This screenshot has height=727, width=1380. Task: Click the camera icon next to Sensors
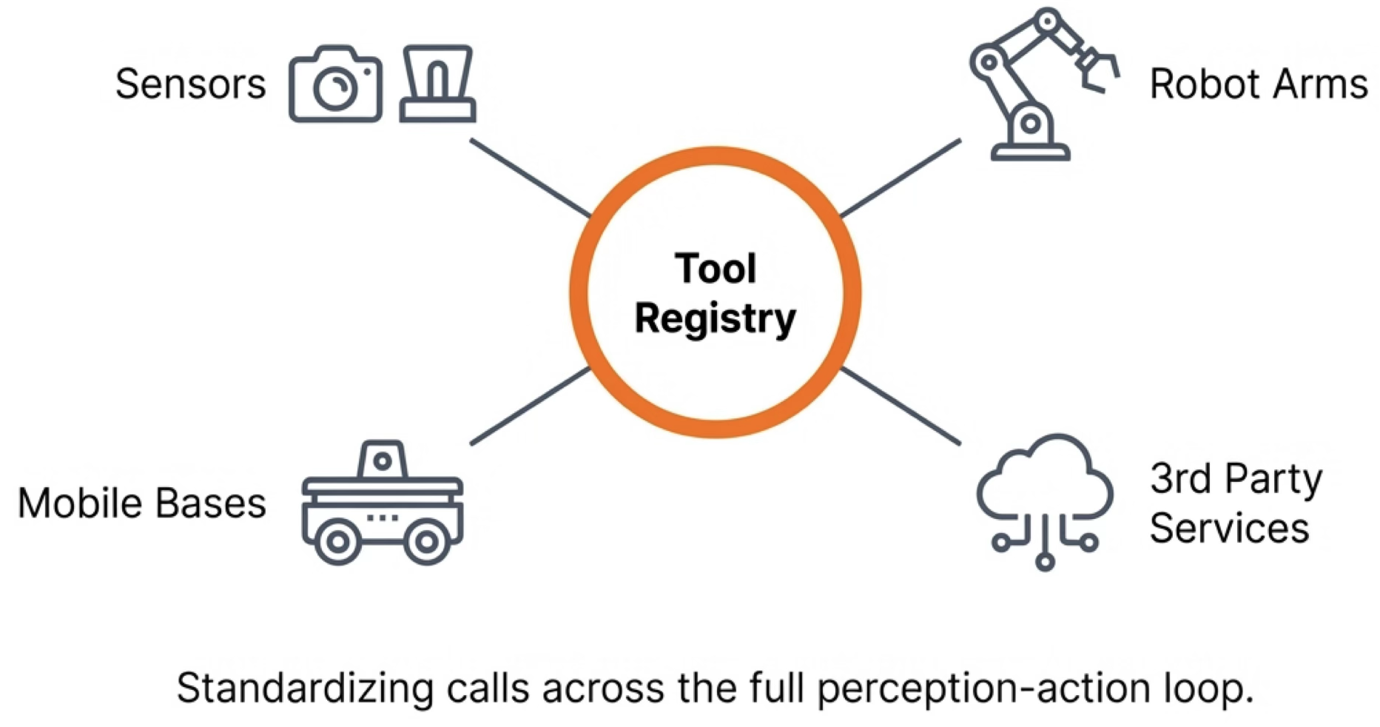point(335,84)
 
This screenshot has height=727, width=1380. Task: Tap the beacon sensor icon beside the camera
point(437,84)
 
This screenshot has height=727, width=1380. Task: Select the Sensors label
point(190,84)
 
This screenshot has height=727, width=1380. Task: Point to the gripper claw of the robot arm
point(1098,70)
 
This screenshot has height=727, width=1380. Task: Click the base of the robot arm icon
point(1030,151)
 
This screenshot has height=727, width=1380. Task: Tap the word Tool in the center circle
point(715,268)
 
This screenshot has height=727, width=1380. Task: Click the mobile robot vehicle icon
point(382,503)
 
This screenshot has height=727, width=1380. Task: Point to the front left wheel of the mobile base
point(337,542)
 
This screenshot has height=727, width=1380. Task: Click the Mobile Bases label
point(142,503)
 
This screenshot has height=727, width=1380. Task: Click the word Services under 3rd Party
point(1229,529)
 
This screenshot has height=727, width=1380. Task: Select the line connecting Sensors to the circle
point(530,178)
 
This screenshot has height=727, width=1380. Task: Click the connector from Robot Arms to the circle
point(901,178)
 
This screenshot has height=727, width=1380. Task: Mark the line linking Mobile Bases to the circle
point(530,406)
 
